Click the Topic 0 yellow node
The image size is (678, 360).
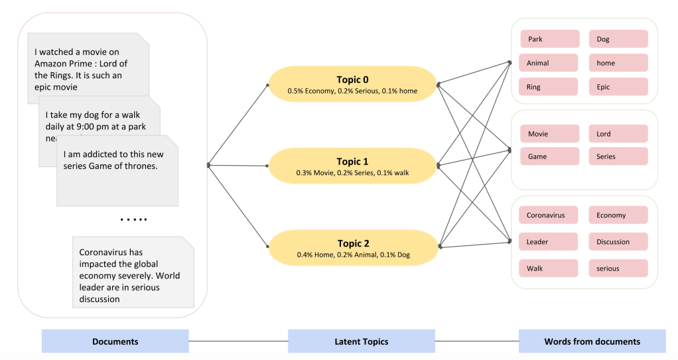(352, 84)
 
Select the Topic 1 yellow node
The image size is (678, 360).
(352, 166)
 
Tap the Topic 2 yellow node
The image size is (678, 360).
(352, 248)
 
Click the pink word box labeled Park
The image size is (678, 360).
(550, 39)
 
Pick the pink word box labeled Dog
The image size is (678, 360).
(618, 39)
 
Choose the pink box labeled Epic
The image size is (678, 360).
(618, 87)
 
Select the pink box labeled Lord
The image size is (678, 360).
(618, 134)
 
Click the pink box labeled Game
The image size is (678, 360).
(550, 156)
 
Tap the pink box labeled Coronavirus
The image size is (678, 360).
(550, 215)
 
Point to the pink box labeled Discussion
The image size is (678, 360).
(618, 242)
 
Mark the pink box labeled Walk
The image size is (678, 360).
(550, 269)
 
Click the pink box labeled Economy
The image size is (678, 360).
(618, 215)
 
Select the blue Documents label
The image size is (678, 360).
(115, 341)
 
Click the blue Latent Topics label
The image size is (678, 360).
(361, 341)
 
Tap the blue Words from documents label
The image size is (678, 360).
(592, 341)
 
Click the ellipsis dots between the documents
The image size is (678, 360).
(133, 219)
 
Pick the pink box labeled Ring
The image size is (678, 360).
(550, 87)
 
